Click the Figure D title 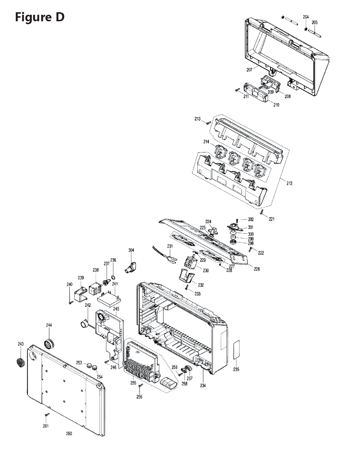point(40,17)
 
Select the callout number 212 point(289,183)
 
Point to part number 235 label point(236,369)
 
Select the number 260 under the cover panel point(69,434)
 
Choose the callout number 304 point(131,250)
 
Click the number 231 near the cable point(170,246)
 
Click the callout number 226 point(257,269)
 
